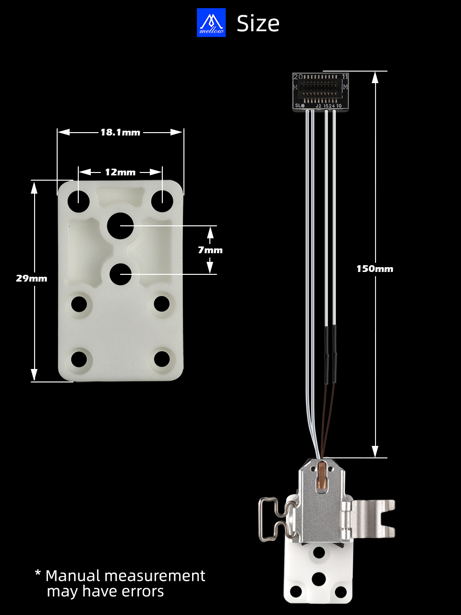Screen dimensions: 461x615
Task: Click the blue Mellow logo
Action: tap(211, 23)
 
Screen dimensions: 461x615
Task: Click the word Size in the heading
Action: tap(258, 24)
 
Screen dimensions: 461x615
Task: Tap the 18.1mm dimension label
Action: tap(121, 132)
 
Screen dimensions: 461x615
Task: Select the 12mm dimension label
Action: tap(120, 172)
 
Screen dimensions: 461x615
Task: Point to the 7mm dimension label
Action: tap(210, 250)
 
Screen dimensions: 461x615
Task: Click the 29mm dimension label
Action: tap(31, 278)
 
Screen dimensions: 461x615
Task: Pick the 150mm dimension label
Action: tap(375, 269)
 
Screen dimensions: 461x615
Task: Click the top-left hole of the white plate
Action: tap(79, 201)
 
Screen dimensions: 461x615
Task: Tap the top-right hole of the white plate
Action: tap(162, 201)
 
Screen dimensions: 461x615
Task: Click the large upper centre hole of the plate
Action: tap(121, 225)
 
